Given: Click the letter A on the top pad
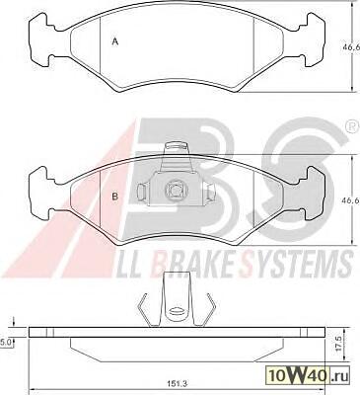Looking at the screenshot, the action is [115, 41].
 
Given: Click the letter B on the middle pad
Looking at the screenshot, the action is [115, 197].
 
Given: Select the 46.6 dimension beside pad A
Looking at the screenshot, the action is [351, 47].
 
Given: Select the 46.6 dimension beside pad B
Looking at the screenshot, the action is [351, 199].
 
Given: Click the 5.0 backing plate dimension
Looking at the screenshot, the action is [6, 343].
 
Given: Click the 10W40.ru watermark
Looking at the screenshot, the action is [308, 374].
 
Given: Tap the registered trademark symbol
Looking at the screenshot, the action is [353, 128].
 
